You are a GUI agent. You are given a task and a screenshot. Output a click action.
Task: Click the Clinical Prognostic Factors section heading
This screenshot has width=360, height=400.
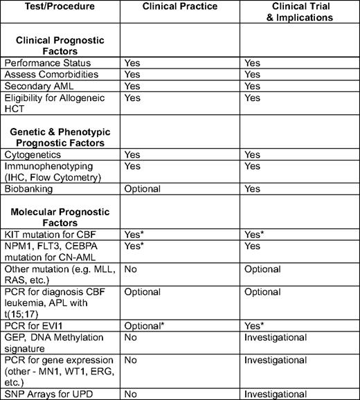pyautogui.click(x=61, y=44)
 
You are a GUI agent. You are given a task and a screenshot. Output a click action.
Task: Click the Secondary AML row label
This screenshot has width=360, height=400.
pyautogui.click(x=37, y=85)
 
